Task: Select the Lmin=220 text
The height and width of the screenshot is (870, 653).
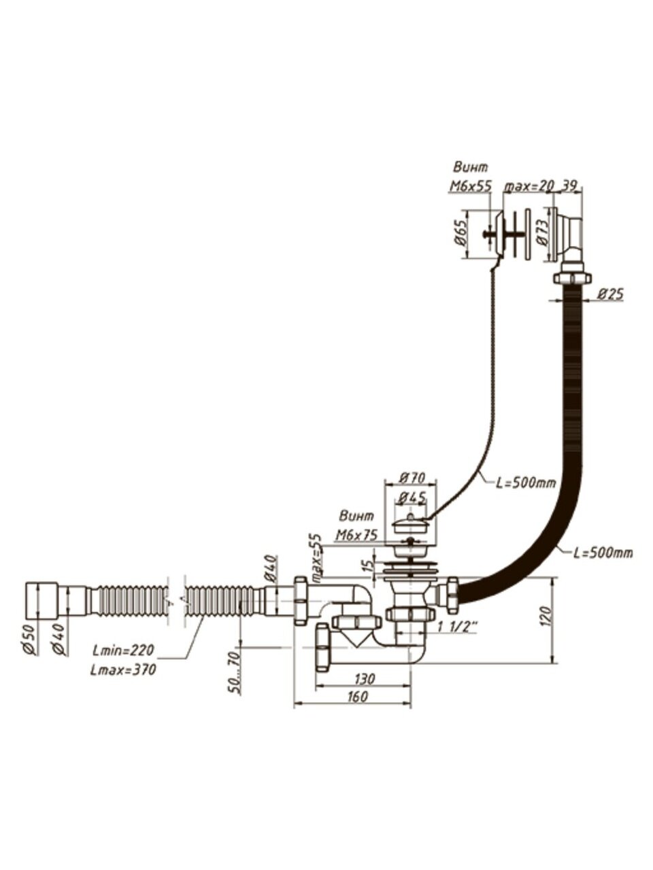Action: click(122, 650)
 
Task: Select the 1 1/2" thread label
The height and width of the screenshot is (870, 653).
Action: click(456, 627)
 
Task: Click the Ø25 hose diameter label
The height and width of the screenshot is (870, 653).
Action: click(611, 294)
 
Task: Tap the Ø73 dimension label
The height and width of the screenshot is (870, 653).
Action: click(541, 232)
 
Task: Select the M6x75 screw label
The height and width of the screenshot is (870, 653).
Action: click(356, 535)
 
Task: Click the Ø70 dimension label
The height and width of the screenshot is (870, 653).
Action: click(406, 476)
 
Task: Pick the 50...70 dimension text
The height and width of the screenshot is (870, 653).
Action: click(234, 672)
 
